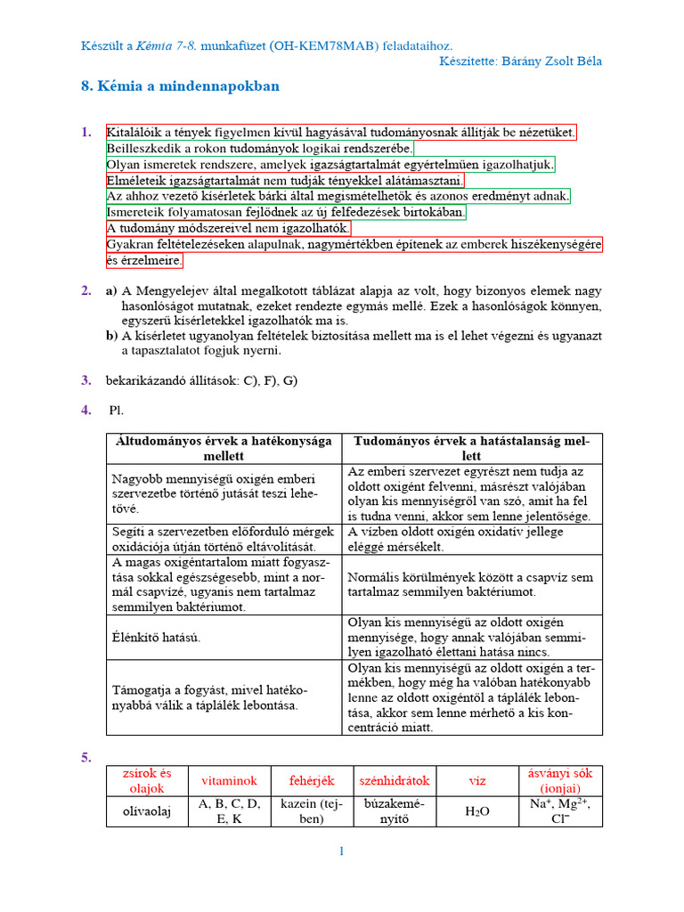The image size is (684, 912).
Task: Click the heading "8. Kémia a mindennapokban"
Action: [x=180, y=86]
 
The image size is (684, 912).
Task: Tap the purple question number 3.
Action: [x=86, y=380]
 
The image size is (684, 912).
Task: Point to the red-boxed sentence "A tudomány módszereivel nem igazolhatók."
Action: [x=228, y=229]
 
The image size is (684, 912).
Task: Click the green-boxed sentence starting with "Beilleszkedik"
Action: [x=259, y=149]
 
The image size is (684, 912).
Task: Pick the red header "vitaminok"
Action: [x=229, y=781]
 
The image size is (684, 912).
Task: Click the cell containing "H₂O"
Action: [x=477, y=812]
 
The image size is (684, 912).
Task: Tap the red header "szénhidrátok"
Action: [x=394, y=781]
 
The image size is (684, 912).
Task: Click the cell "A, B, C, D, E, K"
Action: [x=229, y=811]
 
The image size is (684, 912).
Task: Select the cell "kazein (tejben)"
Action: [x=311, y=811]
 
